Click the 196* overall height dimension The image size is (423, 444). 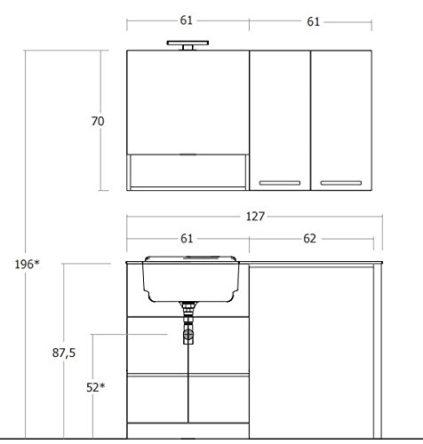[x=27, y=265]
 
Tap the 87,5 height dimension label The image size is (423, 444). [x=64, y=353]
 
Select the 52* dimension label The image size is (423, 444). [x=95, y=387]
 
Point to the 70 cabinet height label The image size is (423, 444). [x=98, y=121]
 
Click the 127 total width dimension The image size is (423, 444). [x=255, y=217]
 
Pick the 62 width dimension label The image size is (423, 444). [x=309, y=239]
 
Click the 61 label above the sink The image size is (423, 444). [x=187, y=239]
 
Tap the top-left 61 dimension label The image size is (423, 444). [x=187, y=20]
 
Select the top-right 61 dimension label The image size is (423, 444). [x=313, y=21]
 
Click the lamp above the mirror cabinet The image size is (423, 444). [x=188, y=45]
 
